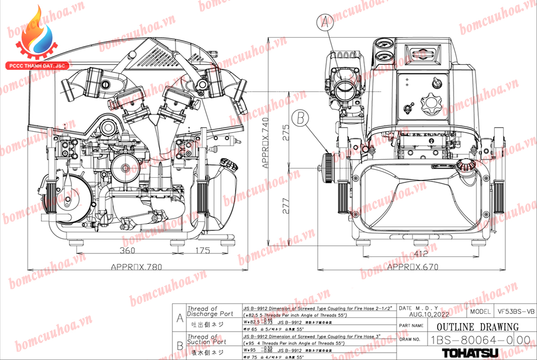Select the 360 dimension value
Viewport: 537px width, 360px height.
(128, 251)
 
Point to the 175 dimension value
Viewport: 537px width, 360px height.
(202, 251)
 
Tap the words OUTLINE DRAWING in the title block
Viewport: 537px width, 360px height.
(477, 327)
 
